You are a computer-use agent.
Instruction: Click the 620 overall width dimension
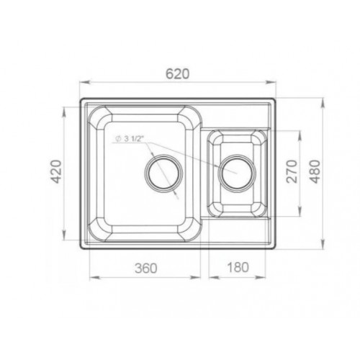(178, 73)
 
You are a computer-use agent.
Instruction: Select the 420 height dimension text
(57, 171)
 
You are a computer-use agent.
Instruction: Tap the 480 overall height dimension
(315, 171)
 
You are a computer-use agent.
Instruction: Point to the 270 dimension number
(292, 171)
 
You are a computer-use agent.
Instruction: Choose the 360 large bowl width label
(146, 268)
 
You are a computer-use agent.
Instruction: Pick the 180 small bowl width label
(238, 267)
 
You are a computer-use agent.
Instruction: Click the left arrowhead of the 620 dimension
(84, 82)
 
